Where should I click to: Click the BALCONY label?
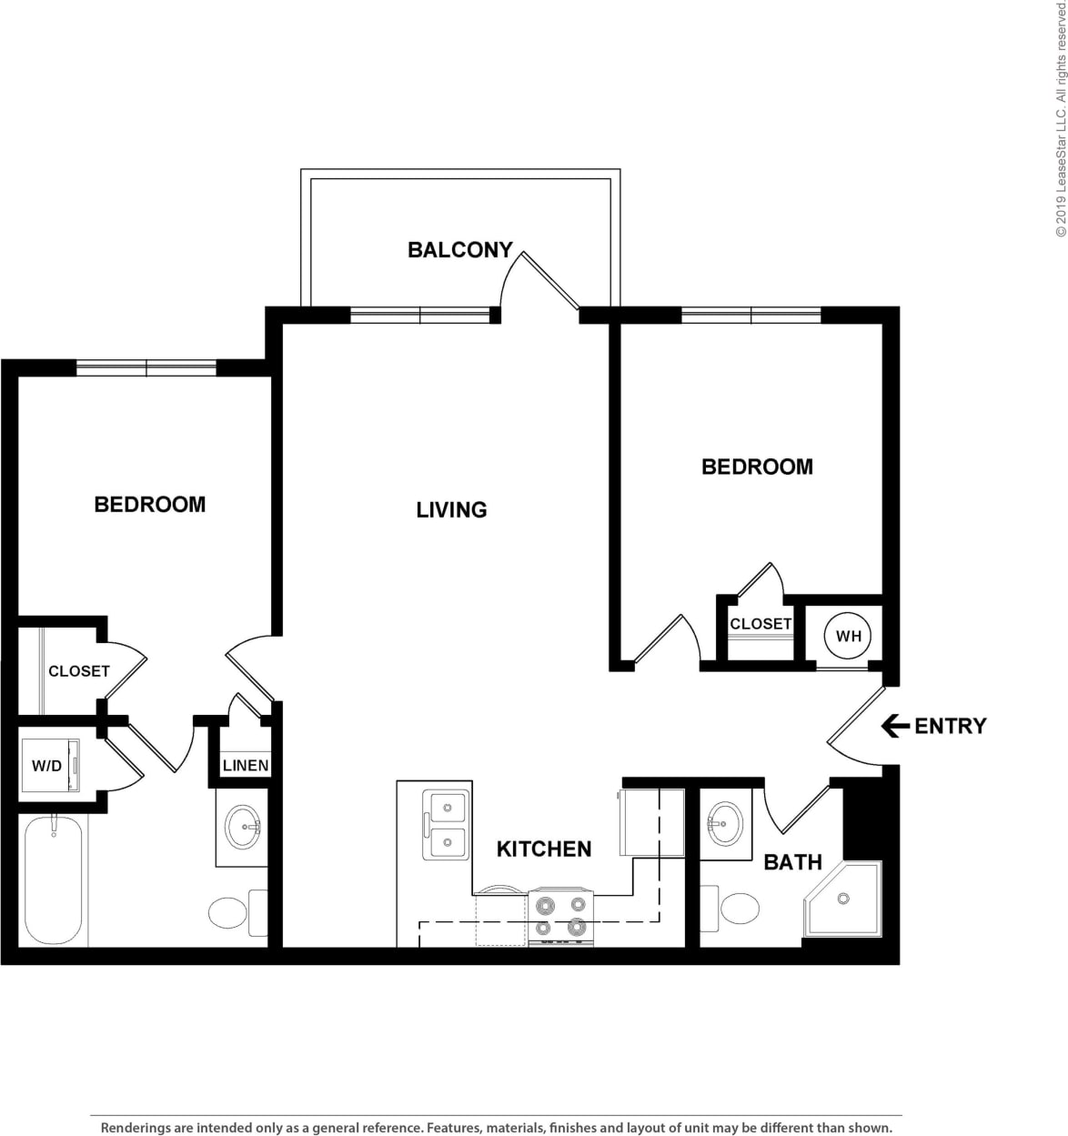(x=459, y=250)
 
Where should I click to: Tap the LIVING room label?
(x=451, y=510)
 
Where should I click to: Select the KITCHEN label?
(x=544, y=849)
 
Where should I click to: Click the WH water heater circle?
(x=848, y=636)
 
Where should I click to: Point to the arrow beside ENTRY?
(x=895, y=726)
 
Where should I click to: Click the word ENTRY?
(x=950, y=726)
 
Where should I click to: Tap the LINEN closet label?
(x=246, y=765)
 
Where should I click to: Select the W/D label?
(x=46, y=766)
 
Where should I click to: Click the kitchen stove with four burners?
(x=560, y=917)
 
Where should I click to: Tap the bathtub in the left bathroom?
(x=54, y=881)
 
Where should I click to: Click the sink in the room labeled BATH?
(x=724, y=824)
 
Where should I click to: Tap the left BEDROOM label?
(x=150, y=504)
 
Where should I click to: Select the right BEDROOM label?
(x=757, y=467)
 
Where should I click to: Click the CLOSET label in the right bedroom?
(x=761, y=624)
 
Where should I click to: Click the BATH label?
(x=792, y=861)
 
